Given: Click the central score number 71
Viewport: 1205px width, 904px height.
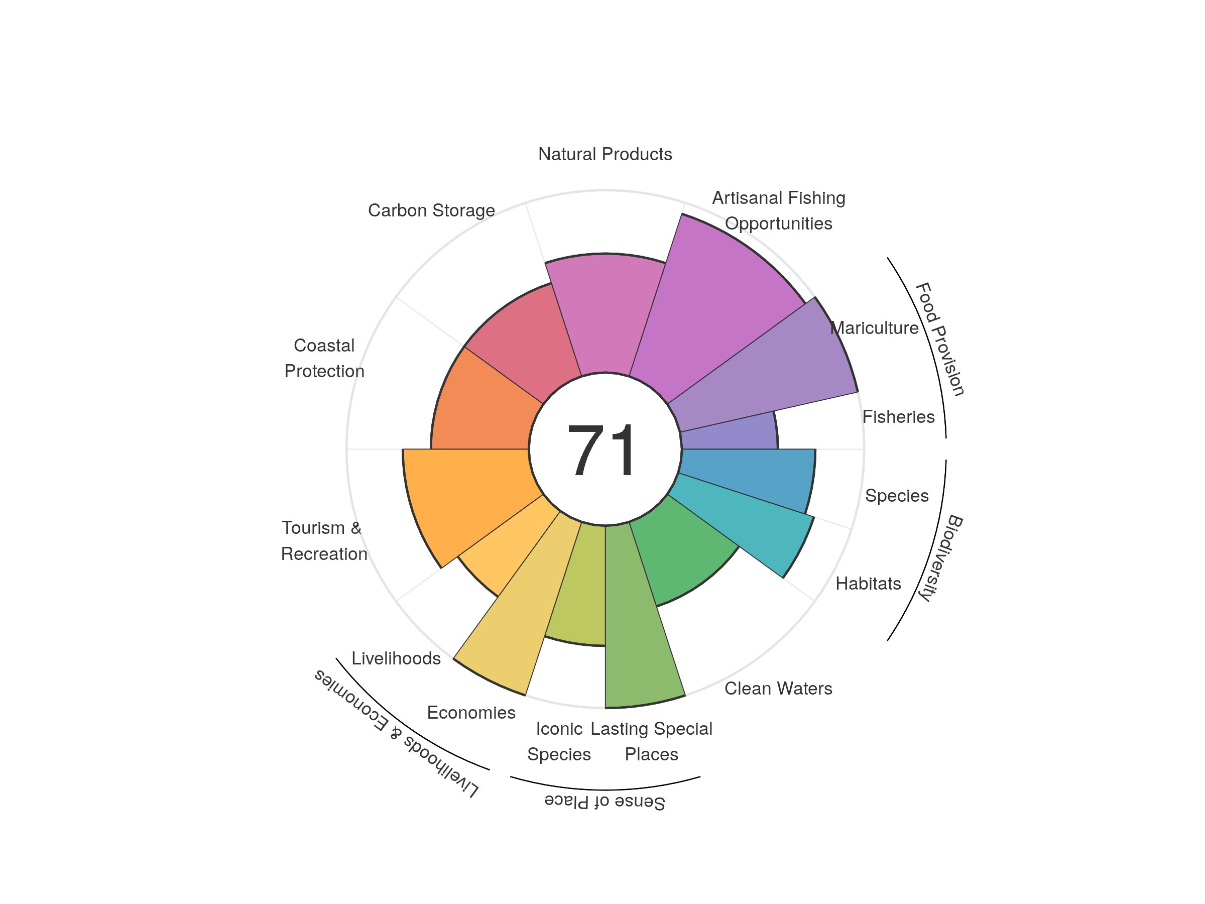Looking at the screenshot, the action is pos(602,450).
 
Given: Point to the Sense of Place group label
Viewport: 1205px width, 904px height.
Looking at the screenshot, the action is pos(605,802).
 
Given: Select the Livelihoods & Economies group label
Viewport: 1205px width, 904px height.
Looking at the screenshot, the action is pos(397,733).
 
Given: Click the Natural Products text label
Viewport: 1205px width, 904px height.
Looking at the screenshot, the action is pos(605,154).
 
